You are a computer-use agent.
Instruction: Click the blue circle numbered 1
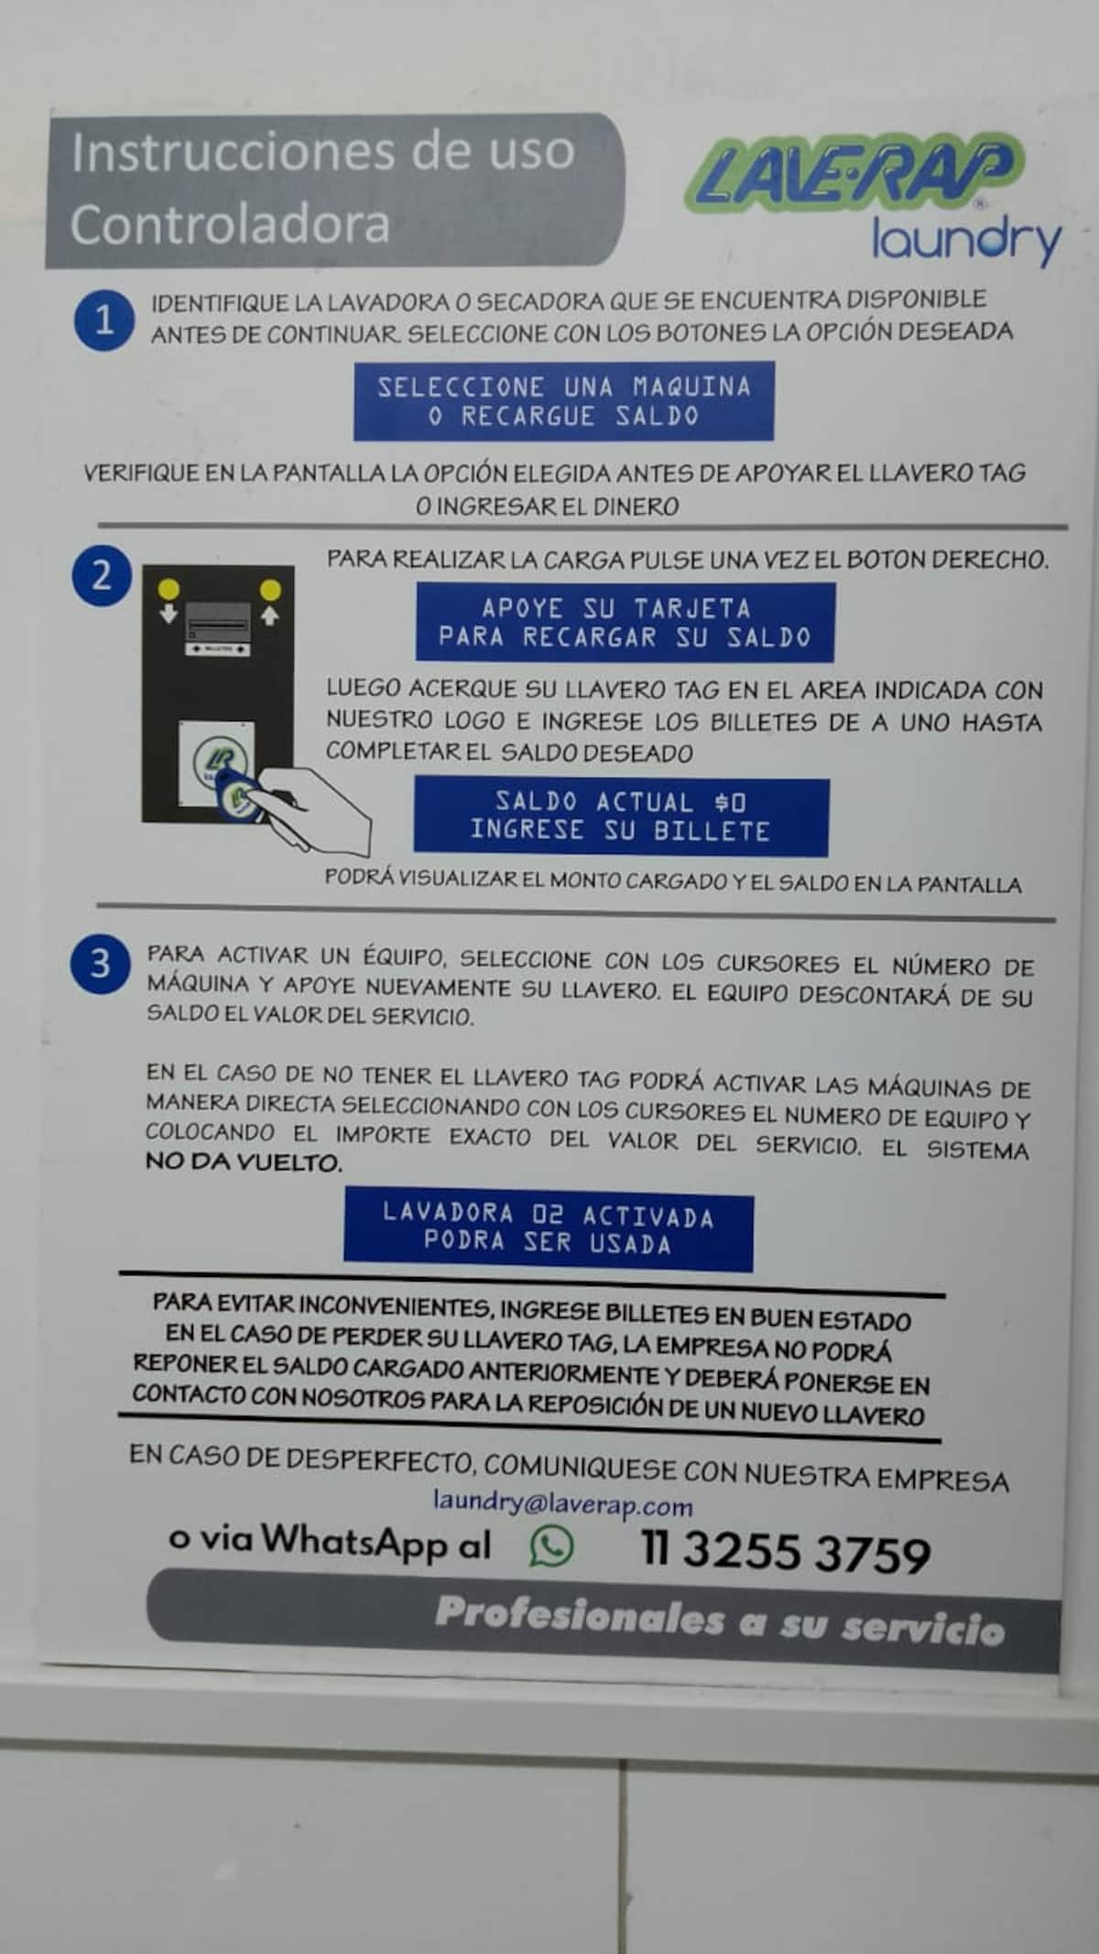click(104, 320)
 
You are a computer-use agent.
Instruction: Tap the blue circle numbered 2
click(102, 575)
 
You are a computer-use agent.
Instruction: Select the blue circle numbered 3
click(100, 964)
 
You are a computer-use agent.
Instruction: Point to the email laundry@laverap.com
click(562, 1503)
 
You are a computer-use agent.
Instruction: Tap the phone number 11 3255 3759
click(785, 1551)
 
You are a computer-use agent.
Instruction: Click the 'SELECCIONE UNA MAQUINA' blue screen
click(564, 401)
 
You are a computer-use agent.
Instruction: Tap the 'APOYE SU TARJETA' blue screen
click(626, 622)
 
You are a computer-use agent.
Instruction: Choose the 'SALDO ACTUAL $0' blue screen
click(621, 816)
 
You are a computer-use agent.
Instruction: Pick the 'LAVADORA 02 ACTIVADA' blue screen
click(549, 1229)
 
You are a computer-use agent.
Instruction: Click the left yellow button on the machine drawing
click(169, 588)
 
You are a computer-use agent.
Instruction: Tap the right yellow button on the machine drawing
click(270, 588)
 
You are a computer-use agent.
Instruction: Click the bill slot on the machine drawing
click(218, 625)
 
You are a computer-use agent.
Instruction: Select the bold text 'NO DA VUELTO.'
click(244, 1163)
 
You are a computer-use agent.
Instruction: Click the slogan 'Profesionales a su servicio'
click(720, 1621)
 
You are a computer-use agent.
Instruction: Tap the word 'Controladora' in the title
click(230, 224)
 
